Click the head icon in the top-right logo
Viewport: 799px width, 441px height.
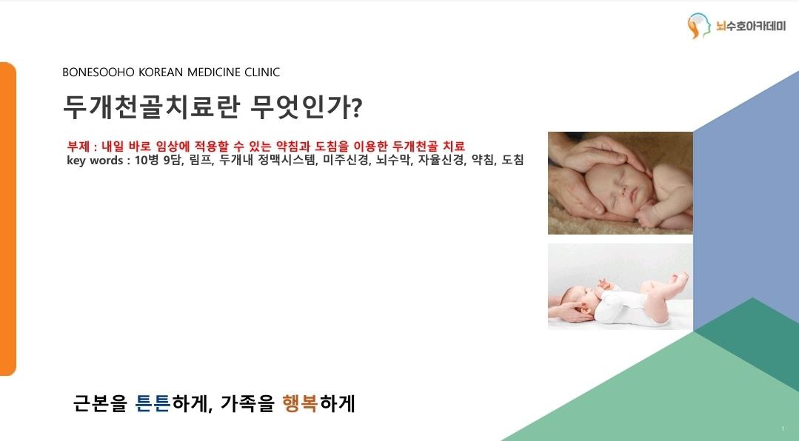coord(698,26)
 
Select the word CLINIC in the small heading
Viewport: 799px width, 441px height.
coord(262,73)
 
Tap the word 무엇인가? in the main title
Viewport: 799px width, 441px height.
coord(306,107)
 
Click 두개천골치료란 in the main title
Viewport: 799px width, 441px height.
coord(152,107)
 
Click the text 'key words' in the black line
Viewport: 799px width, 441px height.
coord(95,161)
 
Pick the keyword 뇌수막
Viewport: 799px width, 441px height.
coord(393,161)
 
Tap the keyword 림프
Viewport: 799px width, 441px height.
coord(201,161)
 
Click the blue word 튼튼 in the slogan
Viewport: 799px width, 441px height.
coord(153,403)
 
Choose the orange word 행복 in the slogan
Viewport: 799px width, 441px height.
coord(300,403)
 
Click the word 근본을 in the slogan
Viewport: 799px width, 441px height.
coord(100,403)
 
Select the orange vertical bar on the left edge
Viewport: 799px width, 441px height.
coord(8,219)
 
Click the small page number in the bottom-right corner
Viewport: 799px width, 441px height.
coord(783,428)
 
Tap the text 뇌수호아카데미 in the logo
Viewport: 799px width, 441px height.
coord(751,26)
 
